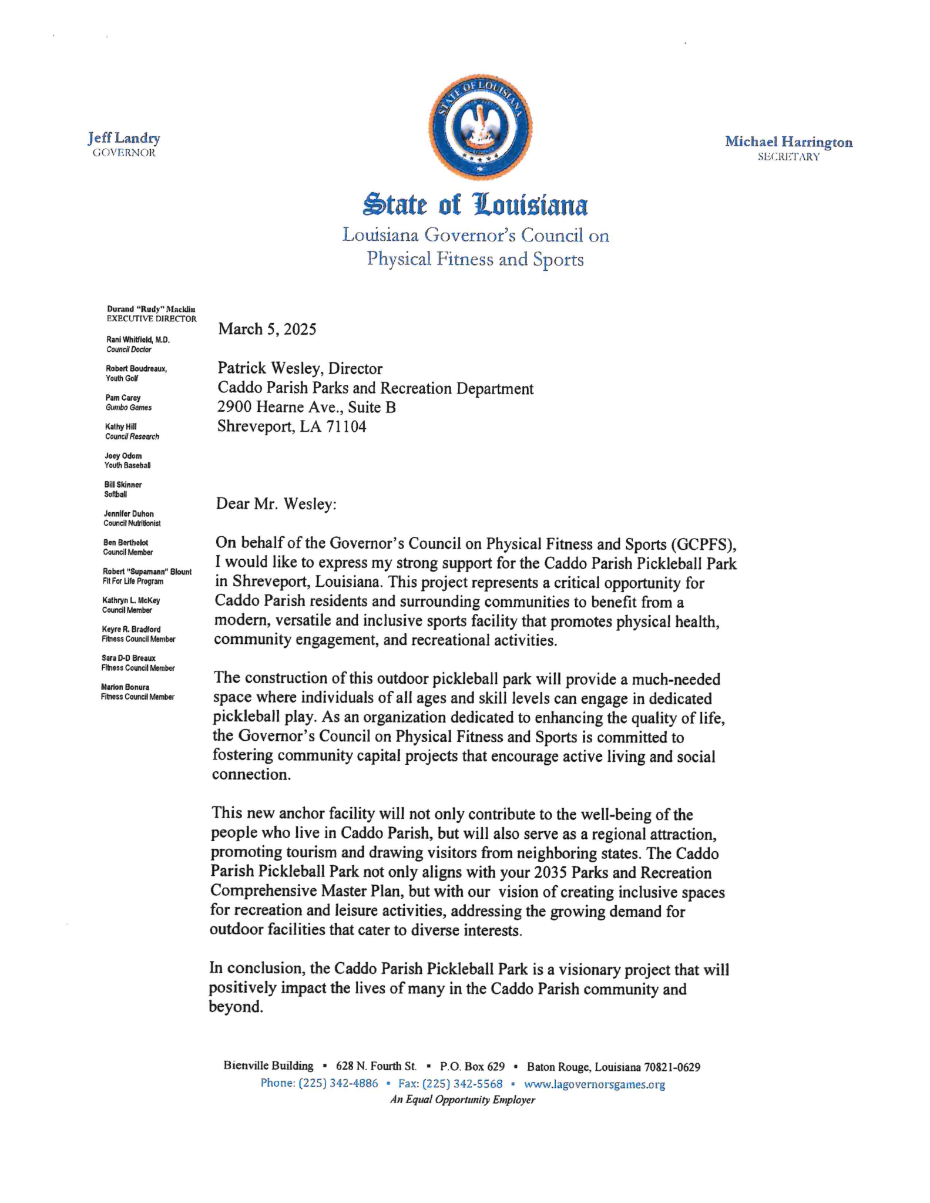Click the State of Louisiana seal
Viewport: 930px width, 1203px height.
coord(480,127)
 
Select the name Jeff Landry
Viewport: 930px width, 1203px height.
coord(124,139)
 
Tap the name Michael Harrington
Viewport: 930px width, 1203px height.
coord(788,142)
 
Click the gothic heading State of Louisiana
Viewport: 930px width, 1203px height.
coord(475,205)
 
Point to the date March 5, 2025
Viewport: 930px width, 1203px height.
coord(267,329)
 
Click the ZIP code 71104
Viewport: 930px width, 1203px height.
coord(347,426)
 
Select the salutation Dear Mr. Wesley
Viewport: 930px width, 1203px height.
coord(276,504)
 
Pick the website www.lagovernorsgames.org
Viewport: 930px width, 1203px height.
coord(595,1084)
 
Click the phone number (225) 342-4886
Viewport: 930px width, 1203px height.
coord(338,1084)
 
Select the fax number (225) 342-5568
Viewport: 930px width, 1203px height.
coord(465,1084)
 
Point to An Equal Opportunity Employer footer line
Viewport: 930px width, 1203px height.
coord(462,1100)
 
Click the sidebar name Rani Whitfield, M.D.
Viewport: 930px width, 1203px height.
coord(138,340)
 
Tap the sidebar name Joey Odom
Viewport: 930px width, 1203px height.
coord(123,456)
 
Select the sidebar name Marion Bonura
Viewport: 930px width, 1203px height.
coord(125,687)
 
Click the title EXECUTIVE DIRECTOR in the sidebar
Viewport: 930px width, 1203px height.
coord(152,319)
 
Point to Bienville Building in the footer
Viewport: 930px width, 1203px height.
coord(268,1066)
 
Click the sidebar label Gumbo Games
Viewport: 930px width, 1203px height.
coord(129,408)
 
